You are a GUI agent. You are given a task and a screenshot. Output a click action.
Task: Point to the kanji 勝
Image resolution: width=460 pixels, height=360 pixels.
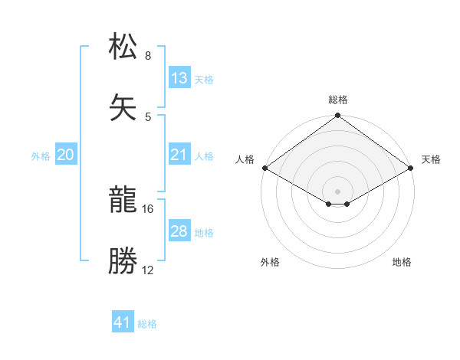coord(123,260)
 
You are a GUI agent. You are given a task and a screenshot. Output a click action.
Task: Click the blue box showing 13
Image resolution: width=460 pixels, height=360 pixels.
coord(179,78)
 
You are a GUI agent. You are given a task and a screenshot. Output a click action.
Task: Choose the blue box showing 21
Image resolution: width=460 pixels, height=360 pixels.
coord(179,155)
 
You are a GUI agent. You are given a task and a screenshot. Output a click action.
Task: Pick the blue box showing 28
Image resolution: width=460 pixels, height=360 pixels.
coord(179,231)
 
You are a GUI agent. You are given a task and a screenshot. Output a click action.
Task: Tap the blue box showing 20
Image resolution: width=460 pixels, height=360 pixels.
coord(66,155)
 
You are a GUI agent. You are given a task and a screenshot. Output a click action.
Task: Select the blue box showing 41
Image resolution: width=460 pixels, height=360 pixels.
coord(123,323)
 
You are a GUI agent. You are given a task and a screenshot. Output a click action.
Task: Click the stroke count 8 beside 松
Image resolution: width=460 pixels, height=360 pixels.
coord(148,56)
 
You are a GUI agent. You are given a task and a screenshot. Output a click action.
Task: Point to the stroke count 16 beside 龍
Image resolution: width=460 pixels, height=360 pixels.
coord(148,208)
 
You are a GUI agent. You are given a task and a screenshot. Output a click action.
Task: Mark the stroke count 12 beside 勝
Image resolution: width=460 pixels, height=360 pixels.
coord(148,270)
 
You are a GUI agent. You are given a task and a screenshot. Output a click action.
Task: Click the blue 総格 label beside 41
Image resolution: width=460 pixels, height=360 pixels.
coord(147,324)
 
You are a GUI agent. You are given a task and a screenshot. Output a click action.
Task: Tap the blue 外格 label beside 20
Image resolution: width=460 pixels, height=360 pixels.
coord(41,156)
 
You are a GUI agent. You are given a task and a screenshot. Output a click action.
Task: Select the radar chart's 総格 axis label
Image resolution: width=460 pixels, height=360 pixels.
coord(338,100)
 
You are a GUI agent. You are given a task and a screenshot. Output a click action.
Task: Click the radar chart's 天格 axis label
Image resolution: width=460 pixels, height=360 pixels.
coord(431,159)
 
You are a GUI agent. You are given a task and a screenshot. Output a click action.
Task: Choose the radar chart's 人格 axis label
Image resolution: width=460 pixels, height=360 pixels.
coord(245,159)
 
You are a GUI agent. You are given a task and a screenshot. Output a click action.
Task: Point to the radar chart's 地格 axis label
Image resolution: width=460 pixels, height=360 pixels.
coord(402,262)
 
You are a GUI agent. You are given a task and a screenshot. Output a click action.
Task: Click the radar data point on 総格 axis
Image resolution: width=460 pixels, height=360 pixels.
coord(338,116)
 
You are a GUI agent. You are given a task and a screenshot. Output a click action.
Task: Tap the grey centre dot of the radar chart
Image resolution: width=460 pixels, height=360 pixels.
coord(338,191)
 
